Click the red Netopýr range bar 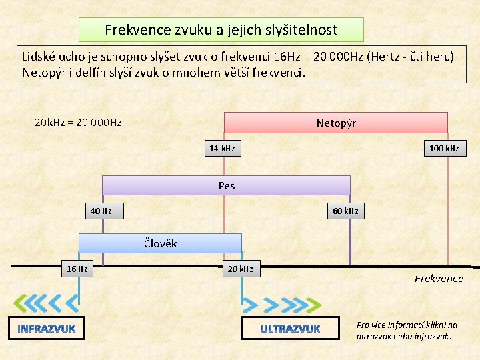pyautogui.click(x=335, y=123)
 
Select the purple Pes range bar pyautogui.click(x=226, y=185)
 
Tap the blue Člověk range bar pyautogui.click(x=160, y=243)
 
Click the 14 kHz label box pyautogui.click(x=222, y=148)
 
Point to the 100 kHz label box pyautogui.click(x=444, y=148)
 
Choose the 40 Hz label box pyautogui.click(x=101, y=211)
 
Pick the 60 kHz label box pyautogui.click(x=345, y=211)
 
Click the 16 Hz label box pyautogui.click(x=77, y=269)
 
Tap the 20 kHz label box pyautogui.click(x=240, y=269)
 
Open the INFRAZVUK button pyautogui.click(x=47, y=329)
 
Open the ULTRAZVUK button pyautogui.click(x=291, y=329)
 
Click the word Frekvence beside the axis pyautogui.click(x=439, y=278)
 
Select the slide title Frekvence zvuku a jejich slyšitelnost pyautogui.click(x=221, y=30)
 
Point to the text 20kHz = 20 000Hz pyautogui.click(x=78, y=123)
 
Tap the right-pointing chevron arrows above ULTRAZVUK pyautogui.click(x=280, y=305)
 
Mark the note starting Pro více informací pyautogui.click(x=407, y=330)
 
